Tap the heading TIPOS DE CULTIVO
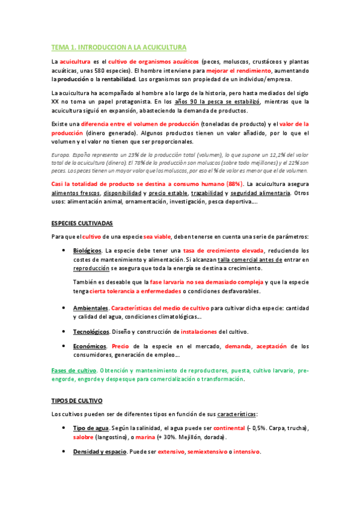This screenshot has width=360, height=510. tap(77, 399)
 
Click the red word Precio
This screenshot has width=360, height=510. tap(120, 346)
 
